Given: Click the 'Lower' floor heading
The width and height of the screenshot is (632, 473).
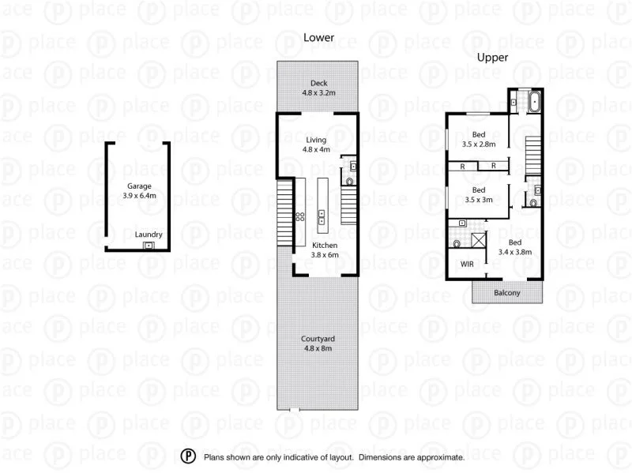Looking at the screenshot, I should tap(318, 37).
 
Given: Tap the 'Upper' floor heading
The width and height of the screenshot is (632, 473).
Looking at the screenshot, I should tap(491, 58).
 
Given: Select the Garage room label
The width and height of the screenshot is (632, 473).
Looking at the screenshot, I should tap(139, 186).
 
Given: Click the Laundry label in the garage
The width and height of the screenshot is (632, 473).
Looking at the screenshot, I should tap(149, 234).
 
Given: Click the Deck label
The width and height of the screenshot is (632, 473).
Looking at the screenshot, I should tap(318, 83).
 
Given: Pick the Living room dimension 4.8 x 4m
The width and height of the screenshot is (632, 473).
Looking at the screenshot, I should tap(316, 149).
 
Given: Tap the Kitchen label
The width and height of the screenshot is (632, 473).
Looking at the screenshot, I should tap(303, 246).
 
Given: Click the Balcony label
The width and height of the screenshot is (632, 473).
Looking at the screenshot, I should tap(507, 293).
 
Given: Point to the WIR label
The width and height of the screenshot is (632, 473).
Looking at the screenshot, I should tap(468, 265).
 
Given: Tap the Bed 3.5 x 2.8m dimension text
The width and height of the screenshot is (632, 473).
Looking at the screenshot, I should tap(479, 145).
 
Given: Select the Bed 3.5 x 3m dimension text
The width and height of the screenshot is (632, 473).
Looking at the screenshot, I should tap(478, 201).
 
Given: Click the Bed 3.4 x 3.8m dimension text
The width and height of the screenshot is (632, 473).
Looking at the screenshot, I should tap(515, 253).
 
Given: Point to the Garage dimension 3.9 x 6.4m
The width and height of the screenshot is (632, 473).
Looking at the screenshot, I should tap(139, 196).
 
